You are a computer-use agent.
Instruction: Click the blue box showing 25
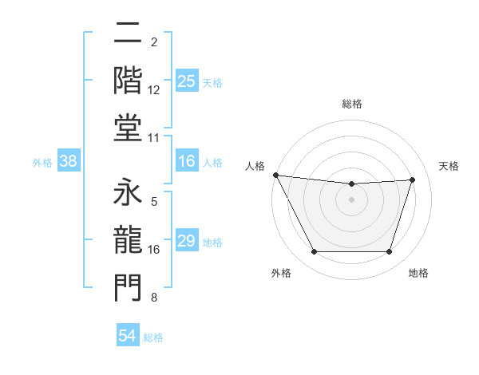click(187, 81)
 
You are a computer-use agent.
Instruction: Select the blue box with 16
click(187, 162)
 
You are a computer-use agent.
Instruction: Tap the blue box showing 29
click(187, 242)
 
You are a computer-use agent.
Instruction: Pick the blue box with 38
click(68, 162)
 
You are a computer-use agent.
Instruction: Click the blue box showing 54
click(128, 337)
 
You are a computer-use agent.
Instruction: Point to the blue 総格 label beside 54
click(153, 337)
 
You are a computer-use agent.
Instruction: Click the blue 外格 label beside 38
click(42, 163)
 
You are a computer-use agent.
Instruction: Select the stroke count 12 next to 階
click(155, 90)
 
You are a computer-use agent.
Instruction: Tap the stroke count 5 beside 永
click(153, 203)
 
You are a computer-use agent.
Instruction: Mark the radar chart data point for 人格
click(275, 175)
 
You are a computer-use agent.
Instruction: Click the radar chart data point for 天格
click(413, 180)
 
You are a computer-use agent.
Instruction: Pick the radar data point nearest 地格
click(390, 252)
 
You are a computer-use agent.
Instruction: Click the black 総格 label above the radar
click(352, 104)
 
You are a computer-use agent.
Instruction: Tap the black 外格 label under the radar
click(281, 273)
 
